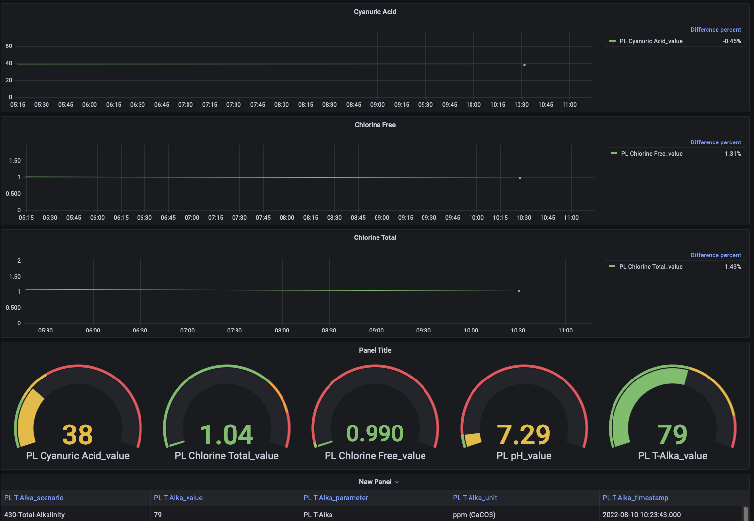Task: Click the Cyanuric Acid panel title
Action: (375, 12)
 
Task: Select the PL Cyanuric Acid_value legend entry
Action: (651, 41)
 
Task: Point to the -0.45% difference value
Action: (732, 41)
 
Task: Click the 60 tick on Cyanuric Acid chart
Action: (9, 46)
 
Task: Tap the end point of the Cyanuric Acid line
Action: (524, 65)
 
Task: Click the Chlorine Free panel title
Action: (375, 125)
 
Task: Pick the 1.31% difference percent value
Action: (733, 154)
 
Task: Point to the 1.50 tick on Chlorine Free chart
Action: (15, 161)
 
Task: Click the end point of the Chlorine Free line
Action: (520, 178)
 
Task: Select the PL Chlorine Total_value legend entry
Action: (651, 267)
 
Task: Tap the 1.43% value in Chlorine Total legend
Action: (733, 267)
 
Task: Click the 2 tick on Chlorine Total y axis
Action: (19, 261)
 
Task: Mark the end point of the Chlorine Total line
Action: (519, 291)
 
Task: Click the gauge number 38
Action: (78, 434)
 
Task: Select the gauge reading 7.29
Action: (523, 434)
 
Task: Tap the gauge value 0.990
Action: (375, 433)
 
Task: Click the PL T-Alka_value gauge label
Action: (672, 456)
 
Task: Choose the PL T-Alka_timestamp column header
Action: (635, 498)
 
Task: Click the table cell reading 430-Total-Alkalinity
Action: (35, 515)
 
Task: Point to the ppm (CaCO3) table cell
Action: (474, 515)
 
